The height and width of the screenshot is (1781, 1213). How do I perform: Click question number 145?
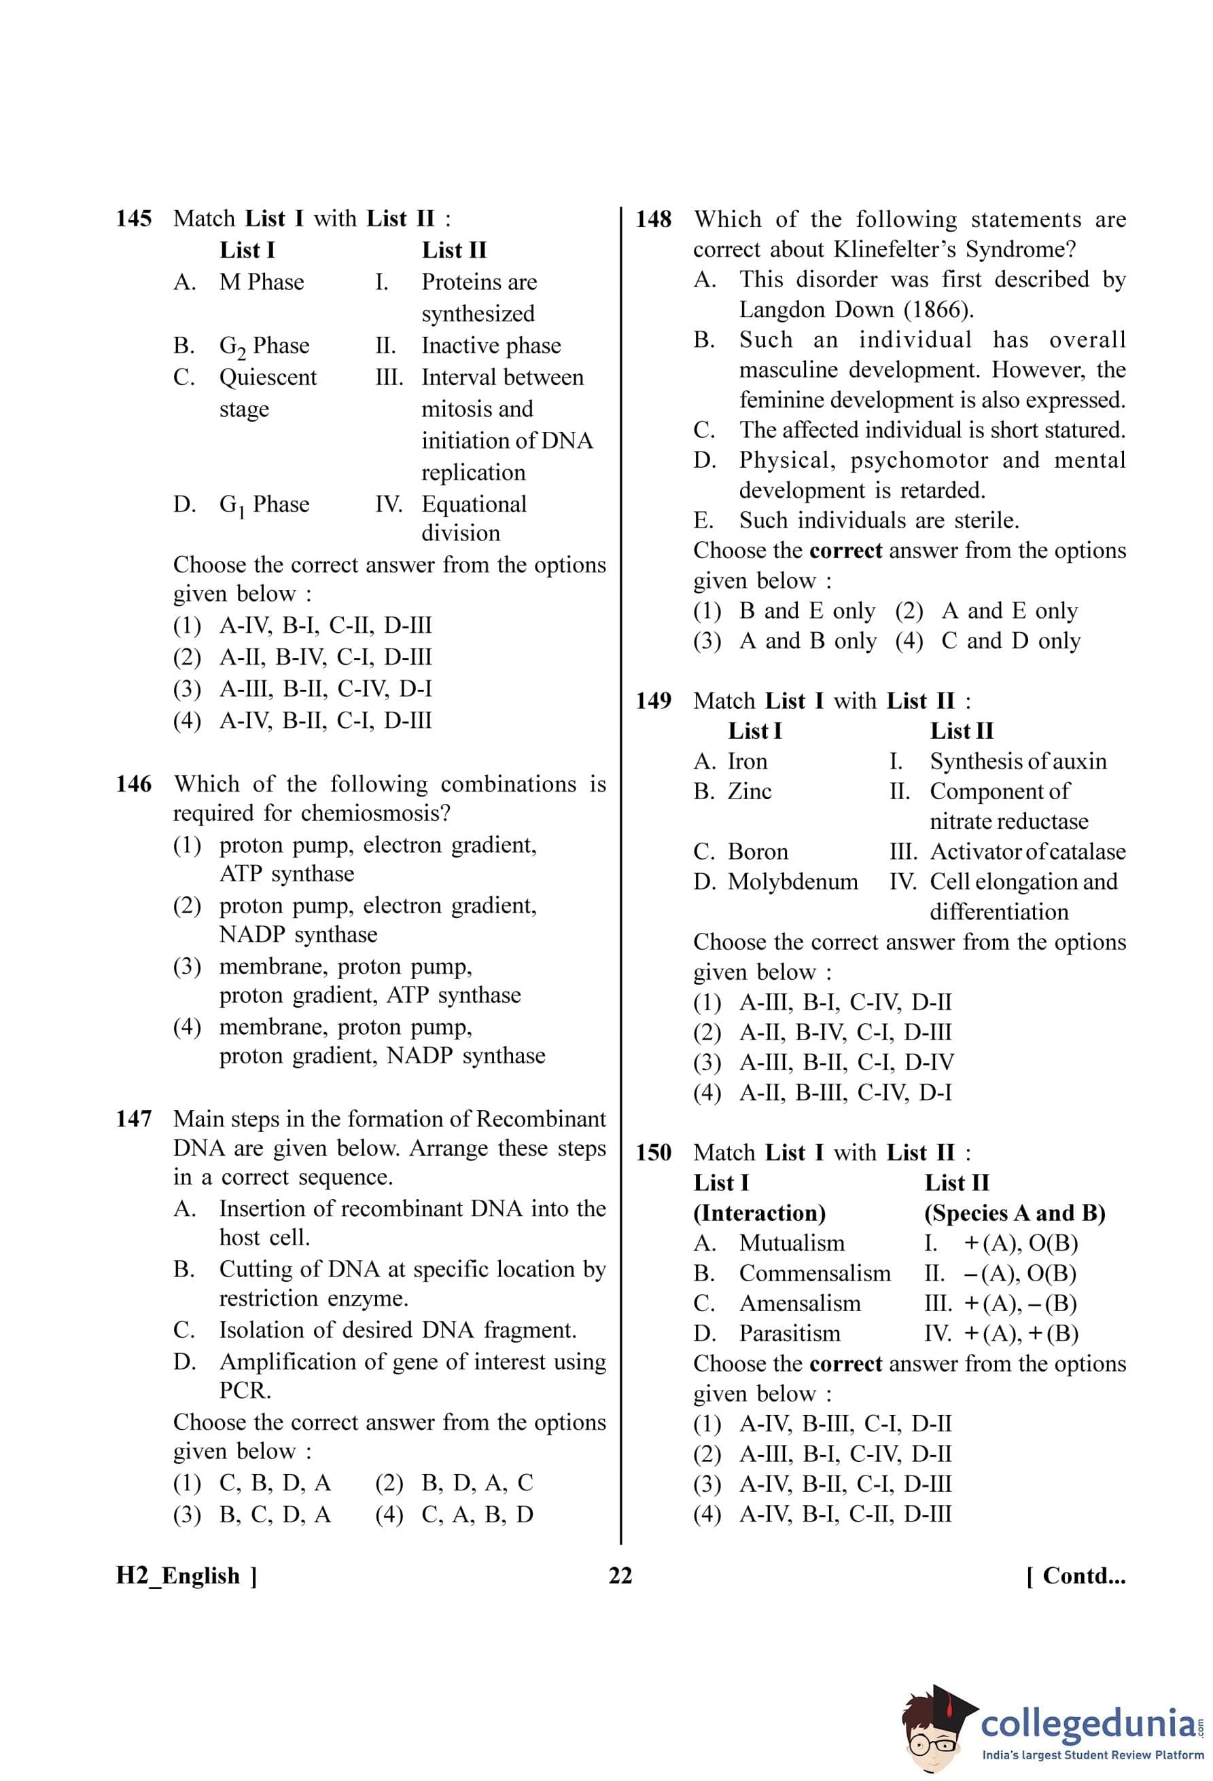[133, 219]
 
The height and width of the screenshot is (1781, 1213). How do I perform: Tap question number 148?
[653, 219]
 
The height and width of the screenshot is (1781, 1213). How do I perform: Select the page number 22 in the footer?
[620, 1576]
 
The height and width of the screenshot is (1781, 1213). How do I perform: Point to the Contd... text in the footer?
[1076, 1576]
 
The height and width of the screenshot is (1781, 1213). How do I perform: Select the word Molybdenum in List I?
[793, 881]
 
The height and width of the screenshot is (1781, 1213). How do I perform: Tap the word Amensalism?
[800, 1304]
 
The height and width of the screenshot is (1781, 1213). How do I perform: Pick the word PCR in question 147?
[245, 1390]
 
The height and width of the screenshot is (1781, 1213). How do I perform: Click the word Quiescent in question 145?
[268, 377]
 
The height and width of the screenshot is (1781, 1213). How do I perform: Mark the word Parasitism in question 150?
[790, 1334]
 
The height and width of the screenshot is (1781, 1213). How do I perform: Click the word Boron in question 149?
[758, 851]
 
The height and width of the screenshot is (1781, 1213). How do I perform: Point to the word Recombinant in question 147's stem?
[540, 1119]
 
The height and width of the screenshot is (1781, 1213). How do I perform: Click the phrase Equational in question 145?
[474, 504]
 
